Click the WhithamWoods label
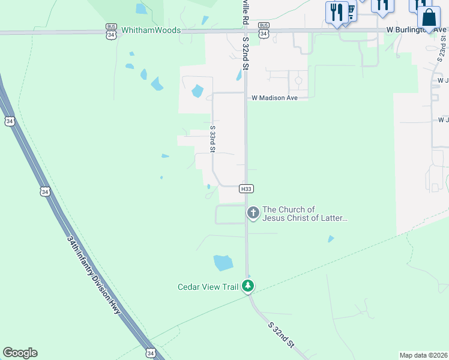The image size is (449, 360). pyautogui.click(x=151, y=30)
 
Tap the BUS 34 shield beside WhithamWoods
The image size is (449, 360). pyautogui.click(x=111, y=31)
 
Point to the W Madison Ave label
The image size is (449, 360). pyautogui.click(x=274, y=97)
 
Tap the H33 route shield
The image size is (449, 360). pyautogui.click(x=246, y=188)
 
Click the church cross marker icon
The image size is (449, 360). pyautogui.click(x=253, y=212)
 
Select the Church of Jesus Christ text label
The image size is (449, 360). pyautogui.click(x=305, y=214)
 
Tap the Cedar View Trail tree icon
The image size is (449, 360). pyautogui.click(x=248, y=286)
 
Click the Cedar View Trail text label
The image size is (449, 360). pyautogui.click(x=208, y=287)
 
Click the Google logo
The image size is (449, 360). pyautogui.click(x=20, y=353)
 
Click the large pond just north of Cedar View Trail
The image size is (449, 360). pyautogui.click(x=223, y=263)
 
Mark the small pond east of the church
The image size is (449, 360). pyautogui.click(x=331, y=239)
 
